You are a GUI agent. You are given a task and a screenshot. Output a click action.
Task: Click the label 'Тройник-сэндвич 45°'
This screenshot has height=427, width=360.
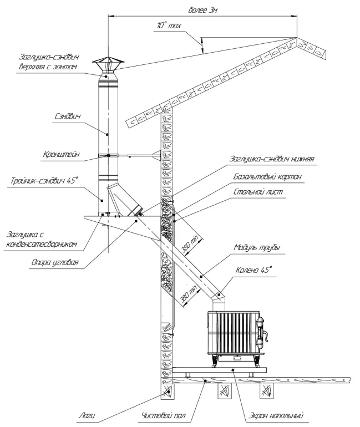44,180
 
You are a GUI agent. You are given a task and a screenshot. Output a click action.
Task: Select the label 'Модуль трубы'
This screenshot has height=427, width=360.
257,247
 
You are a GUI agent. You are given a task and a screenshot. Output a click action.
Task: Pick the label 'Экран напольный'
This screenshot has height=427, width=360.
272,415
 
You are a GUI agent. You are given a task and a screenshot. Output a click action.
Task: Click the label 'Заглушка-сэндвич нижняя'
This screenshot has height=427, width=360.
272,159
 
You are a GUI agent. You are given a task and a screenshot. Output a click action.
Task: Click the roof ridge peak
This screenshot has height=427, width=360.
298,39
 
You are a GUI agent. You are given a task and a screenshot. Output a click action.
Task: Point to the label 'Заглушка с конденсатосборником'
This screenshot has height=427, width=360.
46,238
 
